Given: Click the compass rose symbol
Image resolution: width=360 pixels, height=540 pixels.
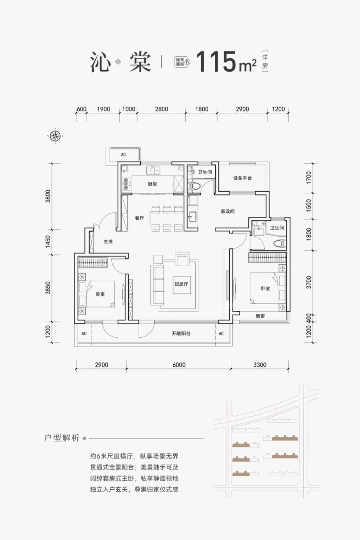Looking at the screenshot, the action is coord(55,136).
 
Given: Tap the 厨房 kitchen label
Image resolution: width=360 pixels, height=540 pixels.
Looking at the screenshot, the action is coord(152,184).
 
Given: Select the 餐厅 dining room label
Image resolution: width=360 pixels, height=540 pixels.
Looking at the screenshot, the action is coord(139,218).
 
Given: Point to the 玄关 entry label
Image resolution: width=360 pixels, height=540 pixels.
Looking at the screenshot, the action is coord(108,241).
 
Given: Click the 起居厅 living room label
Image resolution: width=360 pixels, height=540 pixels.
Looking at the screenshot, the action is coord(181,284).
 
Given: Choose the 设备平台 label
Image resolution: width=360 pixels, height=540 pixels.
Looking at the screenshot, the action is coord(242,178).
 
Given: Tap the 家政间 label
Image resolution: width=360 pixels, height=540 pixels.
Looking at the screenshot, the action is coord(227,211).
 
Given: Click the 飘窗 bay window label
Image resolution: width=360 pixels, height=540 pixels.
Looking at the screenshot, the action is coord(260,316).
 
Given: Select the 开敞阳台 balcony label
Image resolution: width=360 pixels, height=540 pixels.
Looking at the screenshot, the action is coord(181,333).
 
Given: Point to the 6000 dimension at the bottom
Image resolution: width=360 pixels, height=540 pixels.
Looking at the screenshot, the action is coord(179,365).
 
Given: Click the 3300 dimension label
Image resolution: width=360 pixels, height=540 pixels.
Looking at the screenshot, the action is coord(260,365).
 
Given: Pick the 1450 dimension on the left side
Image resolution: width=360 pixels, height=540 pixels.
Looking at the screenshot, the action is coord(48,242).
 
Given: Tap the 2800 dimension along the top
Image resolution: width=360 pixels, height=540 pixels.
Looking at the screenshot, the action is coord(162,109).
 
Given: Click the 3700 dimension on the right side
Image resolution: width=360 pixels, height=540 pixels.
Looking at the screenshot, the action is coord(308,282).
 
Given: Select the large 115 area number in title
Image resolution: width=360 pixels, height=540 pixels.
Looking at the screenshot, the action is coord(216,62).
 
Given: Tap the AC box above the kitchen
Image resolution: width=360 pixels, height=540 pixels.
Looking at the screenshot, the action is coord(123,154).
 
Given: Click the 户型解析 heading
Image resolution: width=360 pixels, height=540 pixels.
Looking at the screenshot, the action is coord(62,438).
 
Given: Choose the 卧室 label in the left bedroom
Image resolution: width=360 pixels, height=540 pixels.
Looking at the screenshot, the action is coord(100,294).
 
